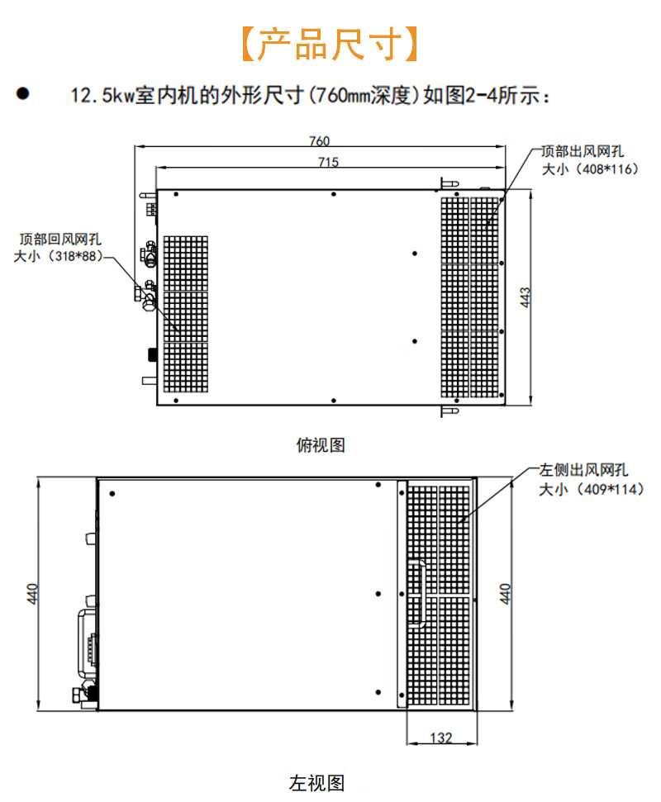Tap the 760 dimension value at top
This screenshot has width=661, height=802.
point(319,140)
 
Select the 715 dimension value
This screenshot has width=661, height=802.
point(328,162)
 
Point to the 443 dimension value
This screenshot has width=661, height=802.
point(525,297)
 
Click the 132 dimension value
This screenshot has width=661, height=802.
point(442,738)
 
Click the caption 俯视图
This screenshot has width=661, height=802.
point(320,445)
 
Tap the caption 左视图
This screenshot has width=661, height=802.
point(316,782)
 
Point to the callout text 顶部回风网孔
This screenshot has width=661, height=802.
point(60,240)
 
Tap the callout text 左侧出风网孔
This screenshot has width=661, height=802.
point(583,471)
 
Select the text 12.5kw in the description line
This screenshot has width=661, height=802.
point(102,96)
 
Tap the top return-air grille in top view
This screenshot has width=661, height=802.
point(185,312)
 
